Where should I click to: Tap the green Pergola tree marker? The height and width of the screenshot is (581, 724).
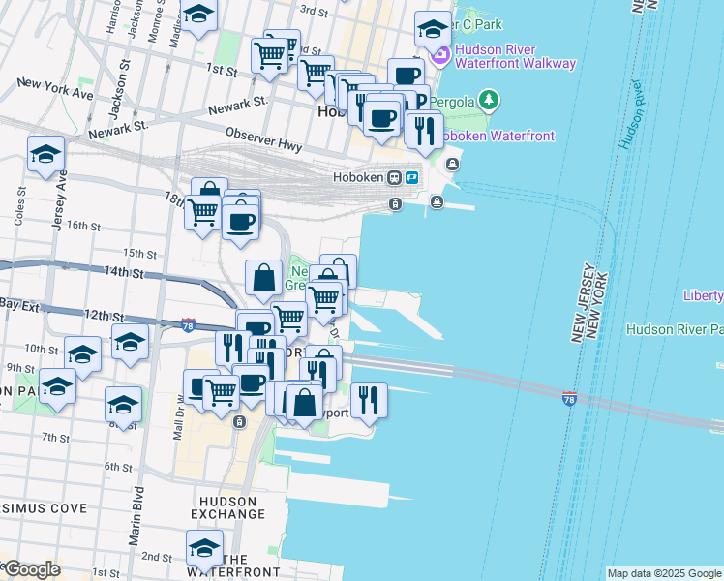490,100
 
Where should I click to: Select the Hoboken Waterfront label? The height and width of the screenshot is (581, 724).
498,136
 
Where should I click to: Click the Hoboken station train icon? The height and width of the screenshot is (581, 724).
395,178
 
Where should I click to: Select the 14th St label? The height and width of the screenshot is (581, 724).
124,273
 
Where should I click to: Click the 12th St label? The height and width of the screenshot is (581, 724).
105,316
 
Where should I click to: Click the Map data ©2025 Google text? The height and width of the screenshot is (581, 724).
663,573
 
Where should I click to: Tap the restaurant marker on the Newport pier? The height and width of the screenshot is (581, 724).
368,399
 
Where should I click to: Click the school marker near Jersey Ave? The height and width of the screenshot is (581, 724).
45,154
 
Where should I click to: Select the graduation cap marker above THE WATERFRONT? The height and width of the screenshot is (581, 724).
204,548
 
